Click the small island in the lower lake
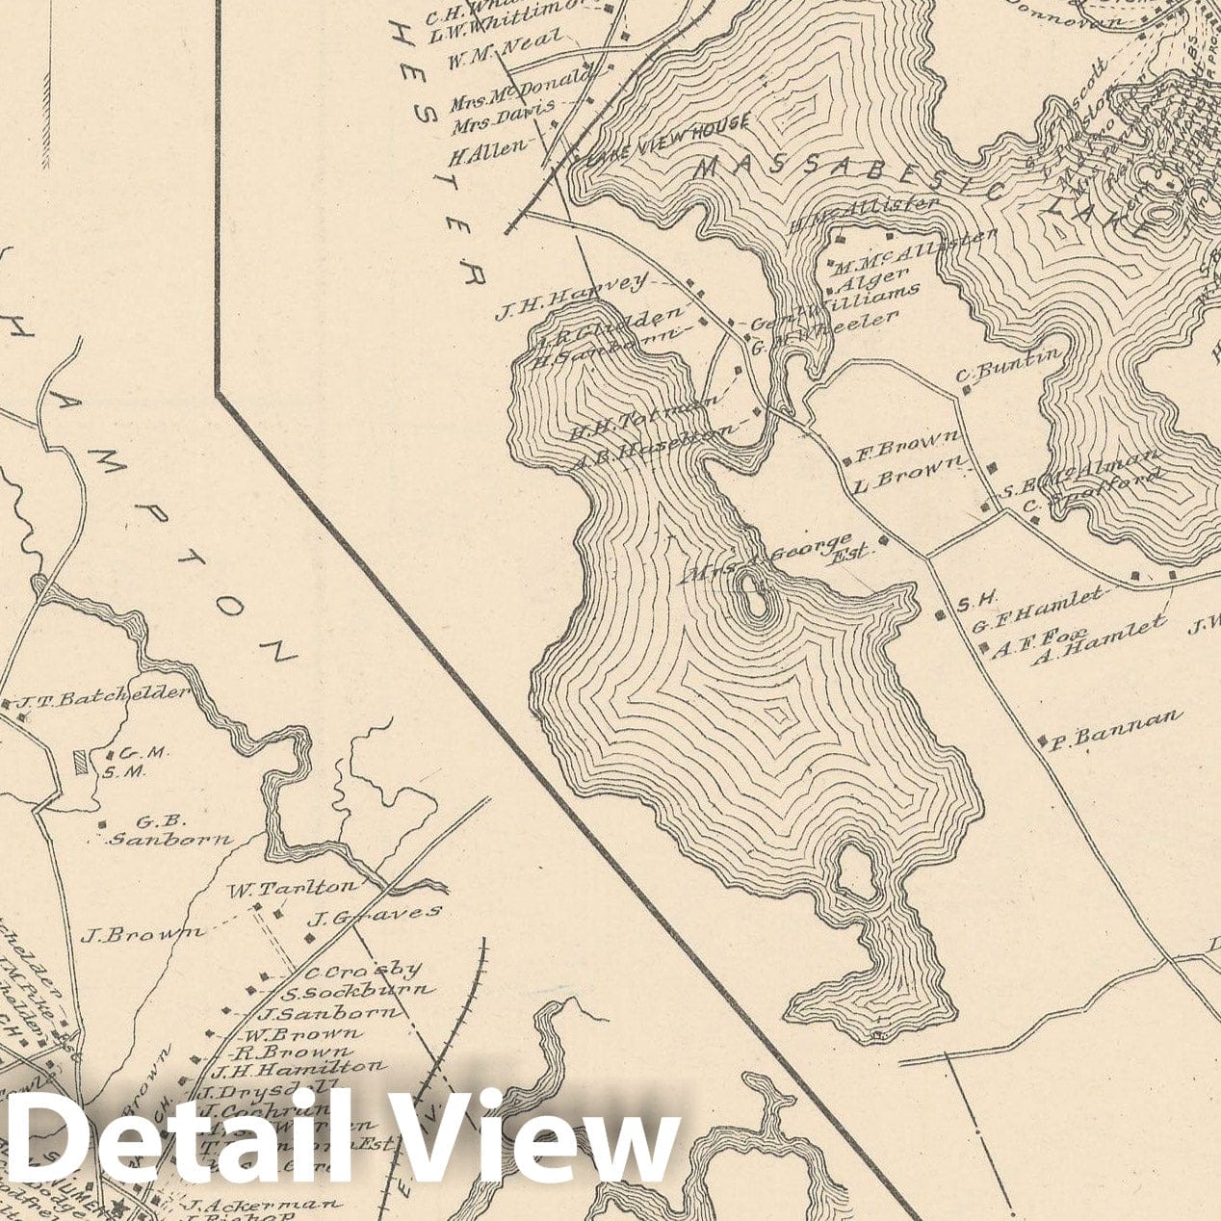point(754,595)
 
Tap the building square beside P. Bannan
point(1043,740)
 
